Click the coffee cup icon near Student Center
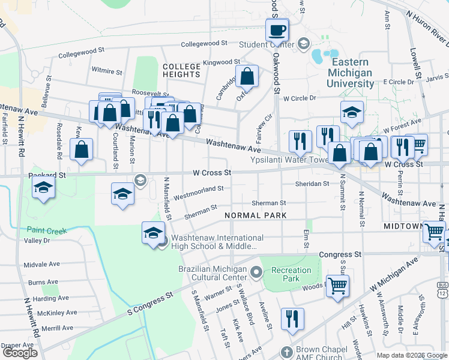pyautogui.click(x=277, y=29)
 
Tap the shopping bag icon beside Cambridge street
pyautogui.click(x=247, y=77)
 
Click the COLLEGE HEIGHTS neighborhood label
pyautogui.click(x=181, y=70)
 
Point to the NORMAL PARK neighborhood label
pyautogui.click(x=255, y=215)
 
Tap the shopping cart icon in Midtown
pyautogui.click(x=433, y=231)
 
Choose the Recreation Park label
pyautogui.click(x=292, y=274)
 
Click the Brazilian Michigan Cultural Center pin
pyautogui.click(x=256, y=274)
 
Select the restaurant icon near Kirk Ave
pyautogui.click(x=292, y=319)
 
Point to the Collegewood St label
pyautogui.click(x=204, y=44)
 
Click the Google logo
pyautogui.click(x=20, y=353)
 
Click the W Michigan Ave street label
pyautogui.click(x=395, y=276)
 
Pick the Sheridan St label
pyautogui.click(x=312, y=184)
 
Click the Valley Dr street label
pyautogui.click(x=37, y=241)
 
